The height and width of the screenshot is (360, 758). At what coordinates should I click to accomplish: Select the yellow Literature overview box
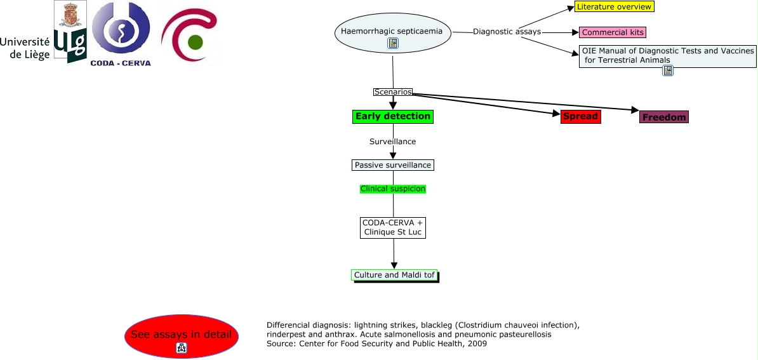pyautogui.click(x=614, y=7)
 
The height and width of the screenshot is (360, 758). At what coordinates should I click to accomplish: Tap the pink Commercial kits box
pyautogui.click(x=612, y=32)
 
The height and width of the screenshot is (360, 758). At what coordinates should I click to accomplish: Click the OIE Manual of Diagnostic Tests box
pyautogui.click(x=668, y=56)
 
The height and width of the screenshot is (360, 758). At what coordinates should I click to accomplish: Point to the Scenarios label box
pyautogui.click(x=393, y=92)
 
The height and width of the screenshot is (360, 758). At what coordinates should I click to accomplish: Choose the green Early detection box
pyautogui.click(x=393, y=116)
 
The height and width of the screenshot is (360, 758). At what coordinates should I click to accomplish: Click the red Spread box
pyautogui.click(x=580, y=116)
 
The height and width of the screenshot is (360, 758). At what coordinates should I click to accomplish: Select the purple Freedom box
pyautogui.click(x=663, y=117)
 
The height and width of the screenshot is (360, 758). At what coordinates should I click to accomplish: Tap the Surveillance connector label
pyautogui.click(x=393, y=142)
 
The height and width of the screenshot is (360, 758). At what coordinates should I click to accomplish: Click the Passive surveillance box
pyautogui.click(x=393, y=165)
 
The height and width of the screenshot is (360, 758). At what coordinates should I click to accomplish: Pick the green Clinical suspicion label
pyautogui.click(x=393, y=189)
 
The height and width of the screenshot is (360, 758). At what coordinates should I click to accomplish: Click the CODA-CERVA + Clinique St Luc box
pyautogui.click(x=393, y=227)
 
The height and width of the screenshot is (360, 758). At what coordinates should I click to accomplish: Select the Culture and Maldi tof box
pyautogui.click(x=394, y=275)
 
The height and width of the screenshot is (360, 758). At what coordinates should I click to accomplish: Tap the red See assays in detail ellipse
pyautogui.click(x=181, y=335)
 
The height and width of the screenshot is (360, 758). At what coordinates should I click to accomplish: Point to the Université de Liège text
pyautogui.click(x=25, y=48)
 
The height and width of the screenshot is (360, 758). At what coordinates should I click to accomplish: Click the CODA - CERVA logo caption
pyautogui.click(x=121, y=63)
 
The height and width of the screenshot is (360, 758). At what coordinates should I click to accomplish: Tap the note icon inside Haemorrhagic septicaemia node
pyautogui.click(x=393, y=43)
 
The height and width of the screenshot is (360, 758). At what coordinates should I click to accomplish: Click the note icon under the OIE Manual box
pyautogui.click(x=668, y=70)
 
